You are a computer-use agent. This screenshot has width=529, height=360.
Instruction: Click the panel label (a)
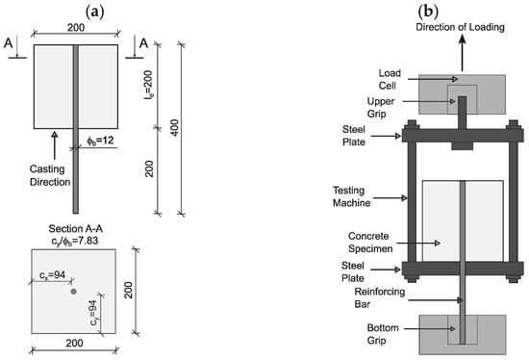tap(95, 13)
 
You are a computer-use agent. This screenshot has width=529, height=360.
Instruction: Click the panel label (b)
tap(428, 13)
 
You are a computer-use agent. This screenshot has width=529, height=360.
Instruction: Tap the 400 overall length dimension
tap(174, 128)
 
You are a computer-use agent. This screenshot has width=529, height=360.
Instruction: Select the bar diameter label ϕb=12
tap(100, 141)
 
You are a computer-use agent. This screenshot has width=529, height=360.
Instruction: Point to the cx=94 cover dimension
tap(52, 275)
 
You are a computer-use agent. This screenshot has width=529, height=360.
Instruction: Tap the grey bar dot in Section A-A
tap(73, 291)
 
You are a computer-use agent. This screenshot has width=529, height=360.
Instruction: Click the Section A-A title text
tap(76, 229)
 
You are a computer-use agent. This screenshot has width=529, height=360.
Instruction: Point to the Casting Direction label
tap(50, 175)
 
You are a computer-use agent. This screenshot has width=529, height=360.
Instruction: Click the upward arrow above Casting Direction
tap(54, 145)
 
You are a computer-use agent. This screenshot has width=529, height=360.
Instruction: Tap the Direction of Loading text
tap(460, 27)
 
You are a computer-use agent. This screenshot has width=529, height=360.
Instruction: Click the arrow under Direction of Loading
tap(463, 53)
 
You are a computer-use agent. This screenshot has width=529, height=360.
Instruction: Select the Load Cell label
tap(390, 79)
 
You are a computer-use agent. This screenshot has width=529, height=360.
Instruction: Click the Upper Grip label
tap(381, 108)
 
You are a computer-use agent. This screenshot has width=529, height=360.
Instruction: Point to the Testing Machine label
tap(351, 196)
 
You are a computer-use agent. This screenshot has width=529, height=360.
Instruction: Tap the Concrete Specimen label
tap(370, 243)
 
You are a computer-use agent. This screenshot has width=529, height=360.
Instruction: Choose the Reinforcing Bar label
tap(380, 297)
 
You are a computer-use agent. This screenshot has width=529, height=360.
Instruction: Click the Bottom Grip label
tap(383, 334)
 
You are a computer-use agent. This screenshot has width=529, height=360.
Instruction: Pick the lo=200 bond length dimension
tap(149, 85)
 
